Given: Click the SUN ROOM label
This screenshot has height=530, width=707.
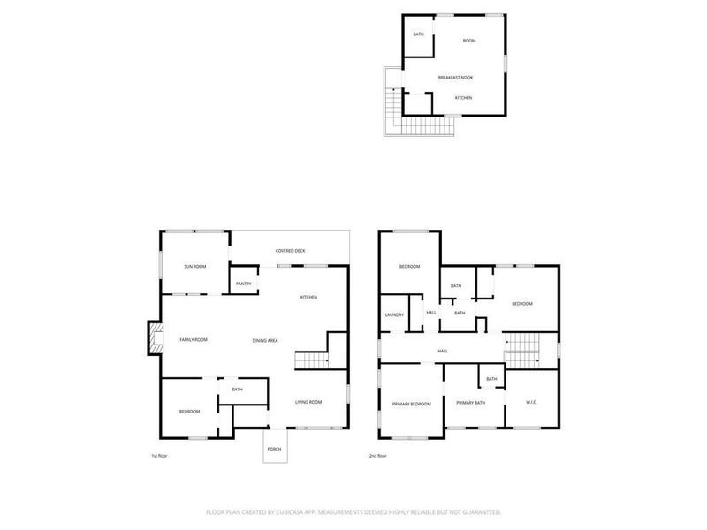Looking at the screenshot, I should pyautogui.click(x=194, y=266).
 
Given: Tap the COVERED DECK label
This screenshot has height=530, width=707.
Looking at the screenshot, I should pyautogui.click(x=290, y=251).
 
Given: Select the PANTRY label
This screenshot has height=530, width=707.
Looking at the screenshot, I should pyautogui.click(x=244, y=284).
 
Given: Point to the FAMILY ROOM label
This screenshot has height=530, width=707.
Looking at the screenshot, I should pyautogui.click(x=193, y=340).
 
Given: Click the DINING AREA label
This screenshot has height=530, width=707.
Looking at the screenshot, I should pyautogui.click(x=266, y=340).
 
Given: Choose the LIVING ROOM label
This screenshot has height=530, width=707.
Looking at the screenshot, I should pyautogui.click(x=308, y=403).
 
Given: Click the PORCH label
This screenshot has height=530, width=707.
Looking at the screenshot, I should pyautogui.click(x=274, y=450).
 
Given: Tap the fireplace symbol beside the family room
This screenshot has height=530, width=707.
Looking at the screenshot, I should pyautogui.click(x=156, y=339).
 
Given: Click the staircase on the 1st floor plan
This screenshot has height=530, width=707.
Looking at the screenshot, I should pyautogui.click(x=310, y=360).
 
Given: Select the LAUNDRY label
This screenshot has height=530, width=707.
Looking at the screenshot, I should pyautogui.click(x=394, y=315).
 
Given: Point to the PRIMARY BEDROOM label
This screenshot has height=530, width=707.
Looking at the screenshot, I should pyautogui.click(x=412, y=404).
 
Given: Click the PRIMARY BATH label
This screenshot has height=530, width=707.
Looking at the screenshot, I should pyautogui.click(x=471, y=404).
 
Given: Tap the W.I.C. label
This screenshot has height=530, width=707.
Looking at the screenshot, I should pyautogui.click(x=532, y=404).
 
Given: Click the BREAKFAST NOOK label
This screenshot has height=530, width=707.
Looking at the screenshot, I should pyautogui.click(x=456, y=78).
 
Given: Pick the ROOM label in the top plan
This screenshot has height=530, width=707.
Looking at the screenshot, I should pyautogui.click(x=469, y=41).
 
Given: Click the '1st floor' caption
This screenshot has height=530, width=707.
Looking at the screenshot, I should pyautogui.click(x=159, y=456).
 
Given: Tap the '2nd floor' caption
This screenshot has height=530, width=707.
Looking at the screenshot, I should pyautogui.click(x=378, y=456).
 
